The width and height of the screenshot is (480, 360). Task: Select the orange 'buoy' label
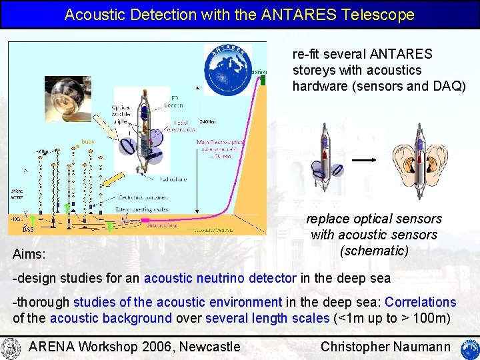pos(88,141)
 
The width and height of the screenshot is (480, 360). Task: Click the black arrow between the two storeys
pos(365,161)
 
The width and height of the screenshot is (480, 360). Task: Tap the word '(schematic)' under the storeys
pos(373,251)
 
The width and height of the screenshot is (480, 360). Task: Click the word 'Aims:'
pos(30,254)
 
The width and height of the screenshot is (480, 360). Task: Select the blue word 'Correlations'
pos(421,302)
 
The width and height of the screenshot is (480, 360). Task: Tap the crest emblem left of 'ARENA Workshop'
pos(11,347)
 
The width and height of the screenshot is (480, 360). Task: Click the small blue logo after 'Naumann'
pos(469,347)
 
